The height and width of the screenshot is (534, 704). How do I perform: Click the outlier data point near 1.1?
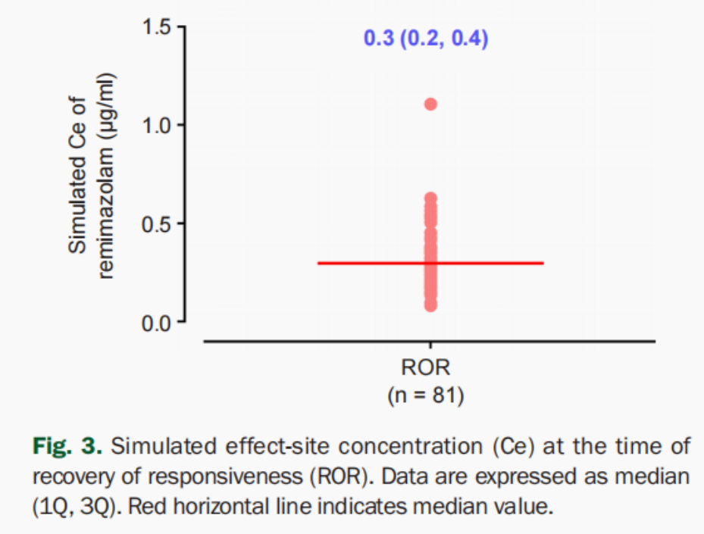pos(430,104)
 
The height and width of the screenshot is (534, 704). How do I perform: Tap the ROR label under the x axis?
pos(425,369)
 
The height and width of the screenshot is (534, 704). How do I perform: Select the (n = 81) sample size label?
pos(425,395)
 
